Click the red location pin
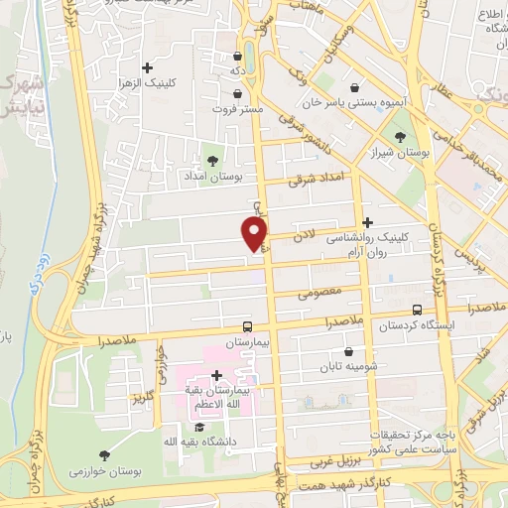[256, 232]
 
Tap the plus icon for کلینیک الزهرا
[148, 67]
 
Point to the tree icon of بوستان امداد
[211, 159]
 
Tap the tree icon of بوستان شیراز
[400, 136]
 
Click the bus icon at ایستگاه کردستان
[418, 309]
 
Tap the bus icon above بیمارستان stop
[248, 325]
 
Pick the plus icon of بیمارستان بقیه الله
[216, 375]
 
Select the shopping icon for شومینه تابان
[348, 351]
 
